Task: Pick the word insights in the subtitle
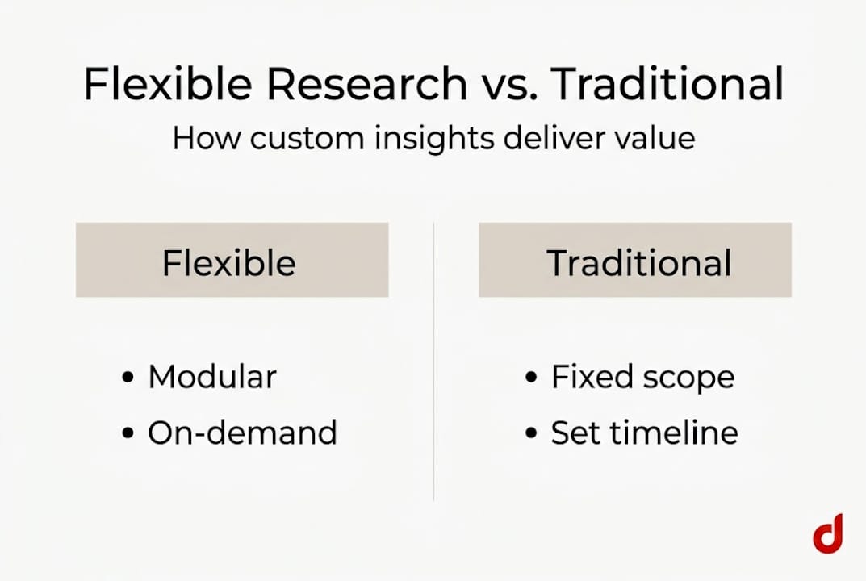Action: tap(425, 139)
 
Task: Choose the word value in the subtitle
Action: tap(653, 139)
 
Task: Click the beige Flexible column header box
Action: tap(232, 261)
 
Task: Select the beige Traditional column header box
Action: tap(634, 261)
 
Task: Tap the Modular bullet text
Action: tap(211, 378)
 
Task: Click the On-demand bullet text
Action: tap(241, 433)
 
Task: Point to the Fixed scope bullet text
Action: tap(642, 378)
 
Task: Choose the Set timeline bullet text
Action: tap(644, 433)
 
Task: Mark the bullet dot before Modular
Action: tap(128, 378)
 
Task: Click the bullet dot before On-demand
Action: tap(128, 434)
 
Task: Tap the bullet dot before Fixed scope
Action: tap(530, 378)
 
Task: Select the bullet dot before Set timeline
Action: tap(530, 434)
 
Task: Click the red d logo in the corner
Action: tap(827, 534)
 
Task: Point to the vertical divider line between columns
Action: tap(434, 363)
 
